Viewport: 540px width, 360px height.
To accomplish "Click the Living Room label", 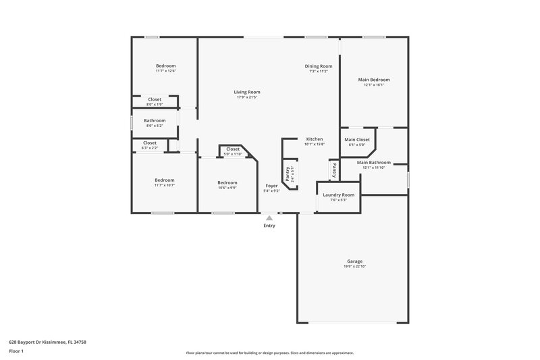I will pos(247,92).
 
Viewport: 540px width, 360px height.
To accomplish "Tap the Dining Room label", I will pos(319,66).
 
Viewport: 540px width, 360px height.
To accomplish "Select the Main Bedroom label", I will pos(373,80).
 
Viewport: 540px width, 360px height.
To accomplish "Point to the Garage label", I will pos(354,261).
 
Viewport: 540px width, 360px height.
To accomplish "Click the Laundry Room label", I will pos(338,195).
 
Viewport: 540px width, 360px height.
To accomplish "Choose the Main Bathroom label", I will pos(373,162).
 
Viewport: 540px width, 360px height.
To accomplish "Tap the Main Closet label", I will pos(356,139).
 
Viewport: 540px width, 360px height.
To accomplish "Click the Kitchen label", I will pos(315,139).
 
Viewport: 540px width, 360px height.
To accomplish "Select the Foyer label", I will pos(271,185).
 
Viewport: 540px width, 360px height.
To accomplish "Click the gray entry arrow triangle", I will pos(269,218).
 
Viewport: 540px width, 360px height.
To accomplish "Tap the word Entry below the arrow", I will pos(269,226).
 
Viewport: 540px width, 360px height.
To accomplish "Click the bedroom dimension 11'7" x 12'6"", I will pos(165,71).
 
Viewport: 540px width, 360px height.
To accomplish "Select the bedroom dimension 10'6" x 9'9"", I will pos(227,188).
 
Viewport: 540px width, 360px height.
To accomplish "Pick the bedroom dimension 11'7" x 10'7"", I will pos(165,185).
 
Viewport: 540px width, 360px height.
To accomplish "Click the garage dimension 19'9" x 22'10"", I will pos(354,266).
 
